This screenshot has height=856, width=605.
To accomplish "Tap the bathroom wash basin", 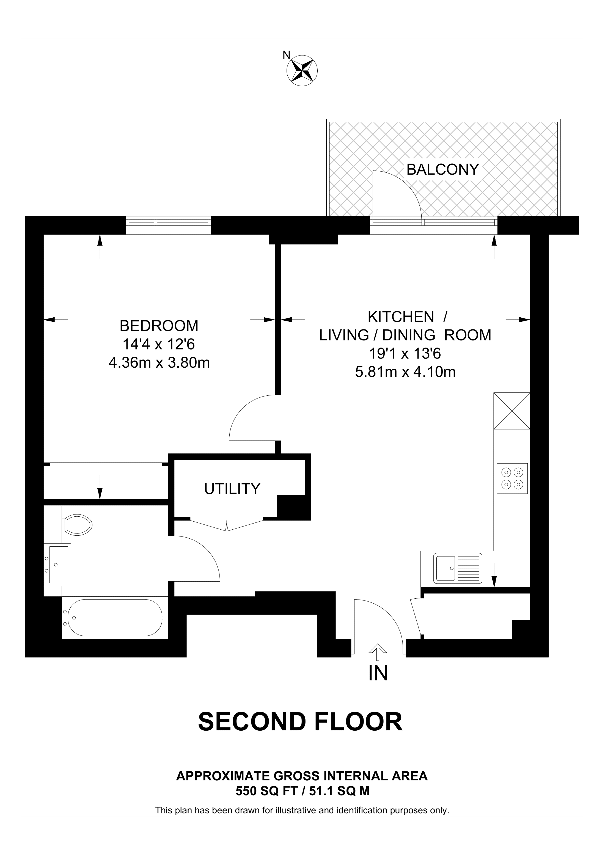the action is (x=57, y=565).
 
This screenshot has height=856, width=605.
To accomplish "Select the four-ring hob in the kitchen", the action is (x=512, y=478).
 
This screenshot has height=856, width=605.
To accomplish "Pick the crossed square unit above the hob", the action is (x=512, y=411).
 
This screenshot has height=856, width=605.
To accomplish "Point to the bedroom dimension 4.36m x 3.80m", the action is (x=159, y=362).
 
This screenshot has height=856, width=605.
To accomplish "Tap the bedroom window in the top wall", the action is (x=168, y=225).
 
